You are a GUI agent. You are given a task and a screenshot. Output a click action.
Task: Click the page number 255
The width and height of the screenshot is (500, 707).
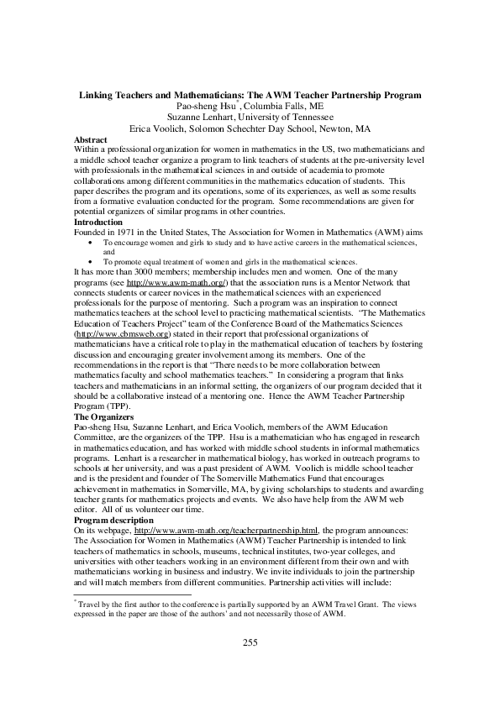click(x=250, y=643)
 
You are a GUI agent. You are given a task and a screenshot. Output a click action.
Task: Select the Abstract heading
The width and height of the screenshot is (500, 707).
click(x=91, y=139)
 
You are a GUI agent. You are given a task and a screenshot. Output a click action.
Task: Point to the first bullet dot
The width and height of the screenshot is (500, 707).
click(x=91, y=242)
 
